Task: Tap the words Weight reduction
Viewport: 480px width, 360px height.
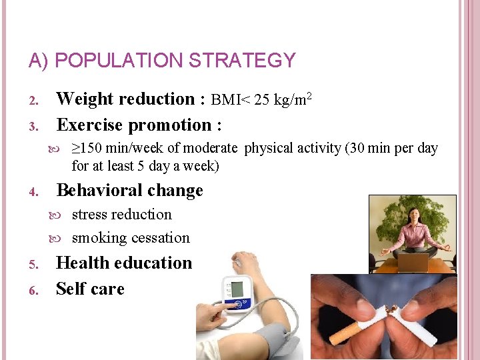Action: click(x=125, y=99)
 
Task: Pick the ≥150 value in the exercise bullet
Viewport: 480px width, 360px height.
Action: click(x=87, y=149)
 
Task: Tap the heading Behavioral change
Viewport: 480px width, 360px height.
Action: click(x=130, y=191)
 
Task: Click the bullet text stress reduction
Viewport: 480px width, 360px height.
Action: click(x=121, y=215)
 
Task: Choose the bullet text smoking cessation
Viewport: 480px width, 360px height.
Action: click(x=131, y=238)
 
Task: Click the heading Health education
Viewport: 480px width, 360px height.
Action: click(x=124, y=263)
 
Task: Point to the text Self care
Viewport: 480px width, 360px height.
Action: click(x=90, y=289)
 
